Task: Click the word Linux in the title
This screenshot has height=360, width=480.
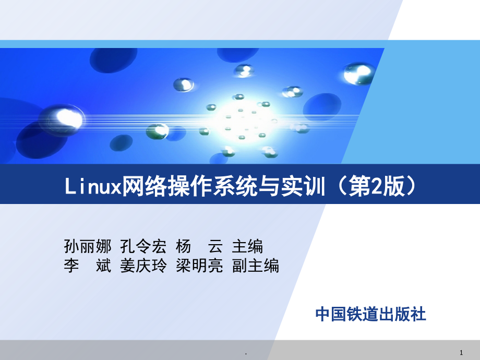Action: click(x=93, y=186)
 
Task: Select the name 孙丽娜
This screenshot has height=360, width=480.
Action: click(x=88, y=246)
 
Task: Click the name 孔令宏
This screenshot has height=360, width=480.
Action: click(x=143, y=246)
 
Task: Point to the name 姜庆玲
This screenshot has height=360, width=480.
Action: click(x=143, y=266)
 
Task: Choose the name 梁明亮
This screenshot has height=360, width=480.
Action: click(x=199, y=266)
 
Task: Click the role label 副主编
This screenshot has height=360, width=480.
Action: click(x=256, y=266)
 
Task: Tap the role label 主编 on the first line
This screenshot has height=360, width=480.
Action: click(x=247, y=246)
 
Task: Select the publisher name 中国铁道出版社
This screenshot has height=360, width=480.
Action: click(x=371, y=314)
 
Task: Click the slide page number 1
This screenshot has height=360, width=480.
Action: click(x=461, y=353)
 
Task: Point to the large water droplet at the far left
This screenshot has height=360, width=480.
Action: click(x=63, y=119)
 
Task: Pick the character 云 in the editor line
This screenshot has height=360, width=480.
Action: click(x=215, y=246)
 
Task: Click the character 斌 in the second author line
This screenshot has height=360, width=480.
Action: click(x=103, y=266)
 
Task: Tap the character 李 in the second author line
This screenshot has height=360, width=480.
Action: click(x=71, y=266)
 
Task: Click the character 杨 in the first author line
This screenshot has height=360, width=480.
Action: click(x=183, y=246)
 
